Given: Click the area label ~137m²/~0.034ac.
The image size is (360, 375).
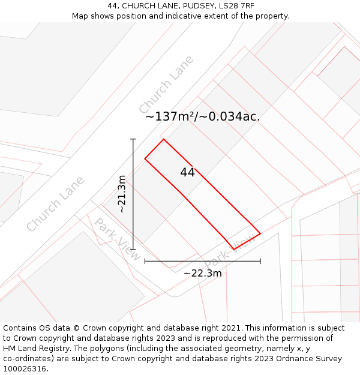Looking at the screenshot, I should pyautogui.click(x=202, y=116).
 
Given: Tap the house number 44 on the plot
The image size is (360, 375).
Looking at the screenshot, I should pyautogui.click(x=187, y=172).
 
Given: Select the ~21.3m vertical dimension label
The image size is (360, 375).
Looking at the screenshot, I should pyautogui.click(x=122, y=194).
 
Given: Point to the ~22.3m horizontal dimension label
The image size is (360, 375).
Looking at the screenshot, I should pyautogui.click(x=202, y=274).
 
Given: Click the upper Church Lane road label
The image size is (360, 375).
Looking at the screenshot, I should pyautogui.click(x=166, y=85).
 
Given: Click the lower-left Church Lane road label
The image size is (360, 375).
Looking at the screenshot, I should pyautogui.click(x=55, y=204).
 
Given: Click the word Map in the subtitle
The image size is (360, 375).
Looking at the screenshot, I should pyautogui.click(x=80, y=16).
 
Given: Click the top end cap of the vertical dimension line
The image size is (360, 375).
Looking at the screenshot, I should pyautogui.click(x=133, y=139).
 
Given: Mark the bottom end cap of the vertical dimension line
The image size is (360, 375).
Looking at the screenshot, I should pyautogui.click(x=133, y=249).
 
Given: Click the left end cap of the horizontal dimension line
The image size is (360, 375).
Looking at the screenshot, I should pyautogui.click(x=145, y=261).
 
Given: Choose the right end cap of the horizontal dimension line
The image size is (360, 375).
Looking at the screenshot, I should pyautogui.click(x=260, y=261).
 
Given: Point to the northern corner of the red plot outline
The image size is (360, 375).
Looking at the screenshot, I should pyautogui.click(x=164, y=139).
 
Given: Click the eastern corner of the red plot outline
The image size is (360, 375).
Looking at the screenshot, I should pyautogui.click(x=260, y=233).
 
